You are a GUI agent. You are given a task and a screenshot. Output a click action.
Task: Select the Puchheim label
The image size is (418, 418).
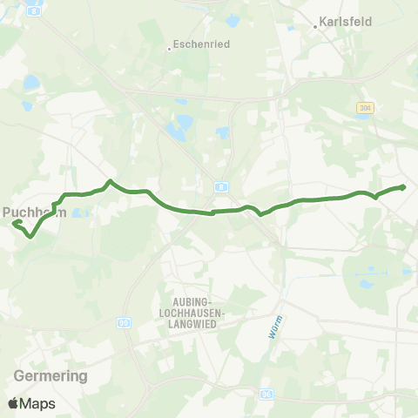(x=35, y=211)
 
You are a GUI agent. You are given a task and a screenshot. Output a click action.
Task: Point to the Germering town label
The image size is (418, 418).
(x=51, y=376)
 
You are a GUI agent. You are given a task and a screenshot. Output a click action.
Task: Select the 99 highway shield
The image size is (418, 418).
(x=124, y=322)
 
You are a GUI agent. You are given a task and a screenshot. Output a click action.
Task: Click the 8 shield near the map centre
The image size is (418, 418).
(x=222, y=186)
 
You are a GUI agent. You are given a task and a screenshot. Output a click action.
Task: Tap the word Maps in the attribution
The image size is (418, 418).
(x=38, y=403)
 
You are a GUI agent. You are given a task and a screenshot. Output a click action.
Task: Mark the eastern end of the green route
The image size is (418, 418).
(x=403, y=186)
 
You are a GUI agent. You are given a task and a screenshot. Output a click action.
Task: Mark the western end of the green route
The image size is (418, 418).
(x=15, y=223)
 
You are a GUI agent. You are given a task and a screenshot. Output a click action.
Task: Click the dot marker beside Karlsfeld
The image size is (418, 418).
(x=315, y=27)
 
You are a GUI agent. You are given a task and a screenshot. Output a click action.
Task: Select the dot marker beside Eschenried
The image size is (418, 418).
(x=169, y=49)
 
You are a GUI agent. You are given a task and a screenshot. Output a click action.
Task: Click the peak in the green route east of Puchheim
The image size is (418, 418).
(x=110, y=181)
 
